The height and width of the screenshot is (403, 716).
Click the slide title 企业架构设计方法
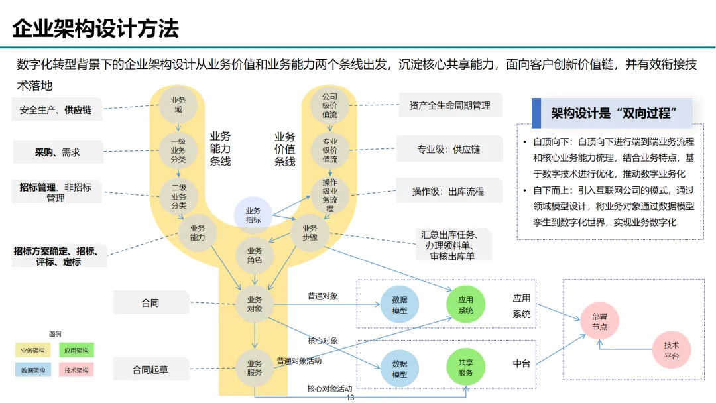96,29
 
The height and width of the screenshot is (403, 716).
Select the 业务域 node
178,105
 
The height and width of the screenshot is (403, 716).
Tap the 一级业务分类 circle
178,150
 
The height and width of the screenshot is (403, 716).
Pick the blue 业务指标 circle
253,215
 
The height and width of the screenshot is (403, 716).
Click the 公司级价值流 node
329,105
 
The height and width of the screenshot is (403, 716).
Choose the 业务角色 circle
255,255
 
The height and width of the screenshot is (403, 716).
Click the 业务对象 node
255,304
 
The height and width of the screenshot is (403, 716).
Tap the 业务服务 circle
255,367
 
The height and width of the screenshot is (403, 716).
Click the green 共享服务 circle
465,367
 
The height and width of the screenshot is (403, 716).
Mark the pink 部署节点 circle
599,321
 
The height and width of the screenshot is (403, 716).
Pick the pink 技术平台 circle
671,349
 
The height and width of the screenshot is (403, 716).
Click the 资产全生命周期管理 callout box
449,105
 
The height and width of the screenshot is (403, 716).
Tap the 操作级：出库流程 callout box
448,192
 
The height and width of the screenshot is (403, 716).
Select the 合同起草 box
150,369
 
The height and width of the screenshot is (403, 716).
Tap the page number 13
351,398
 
